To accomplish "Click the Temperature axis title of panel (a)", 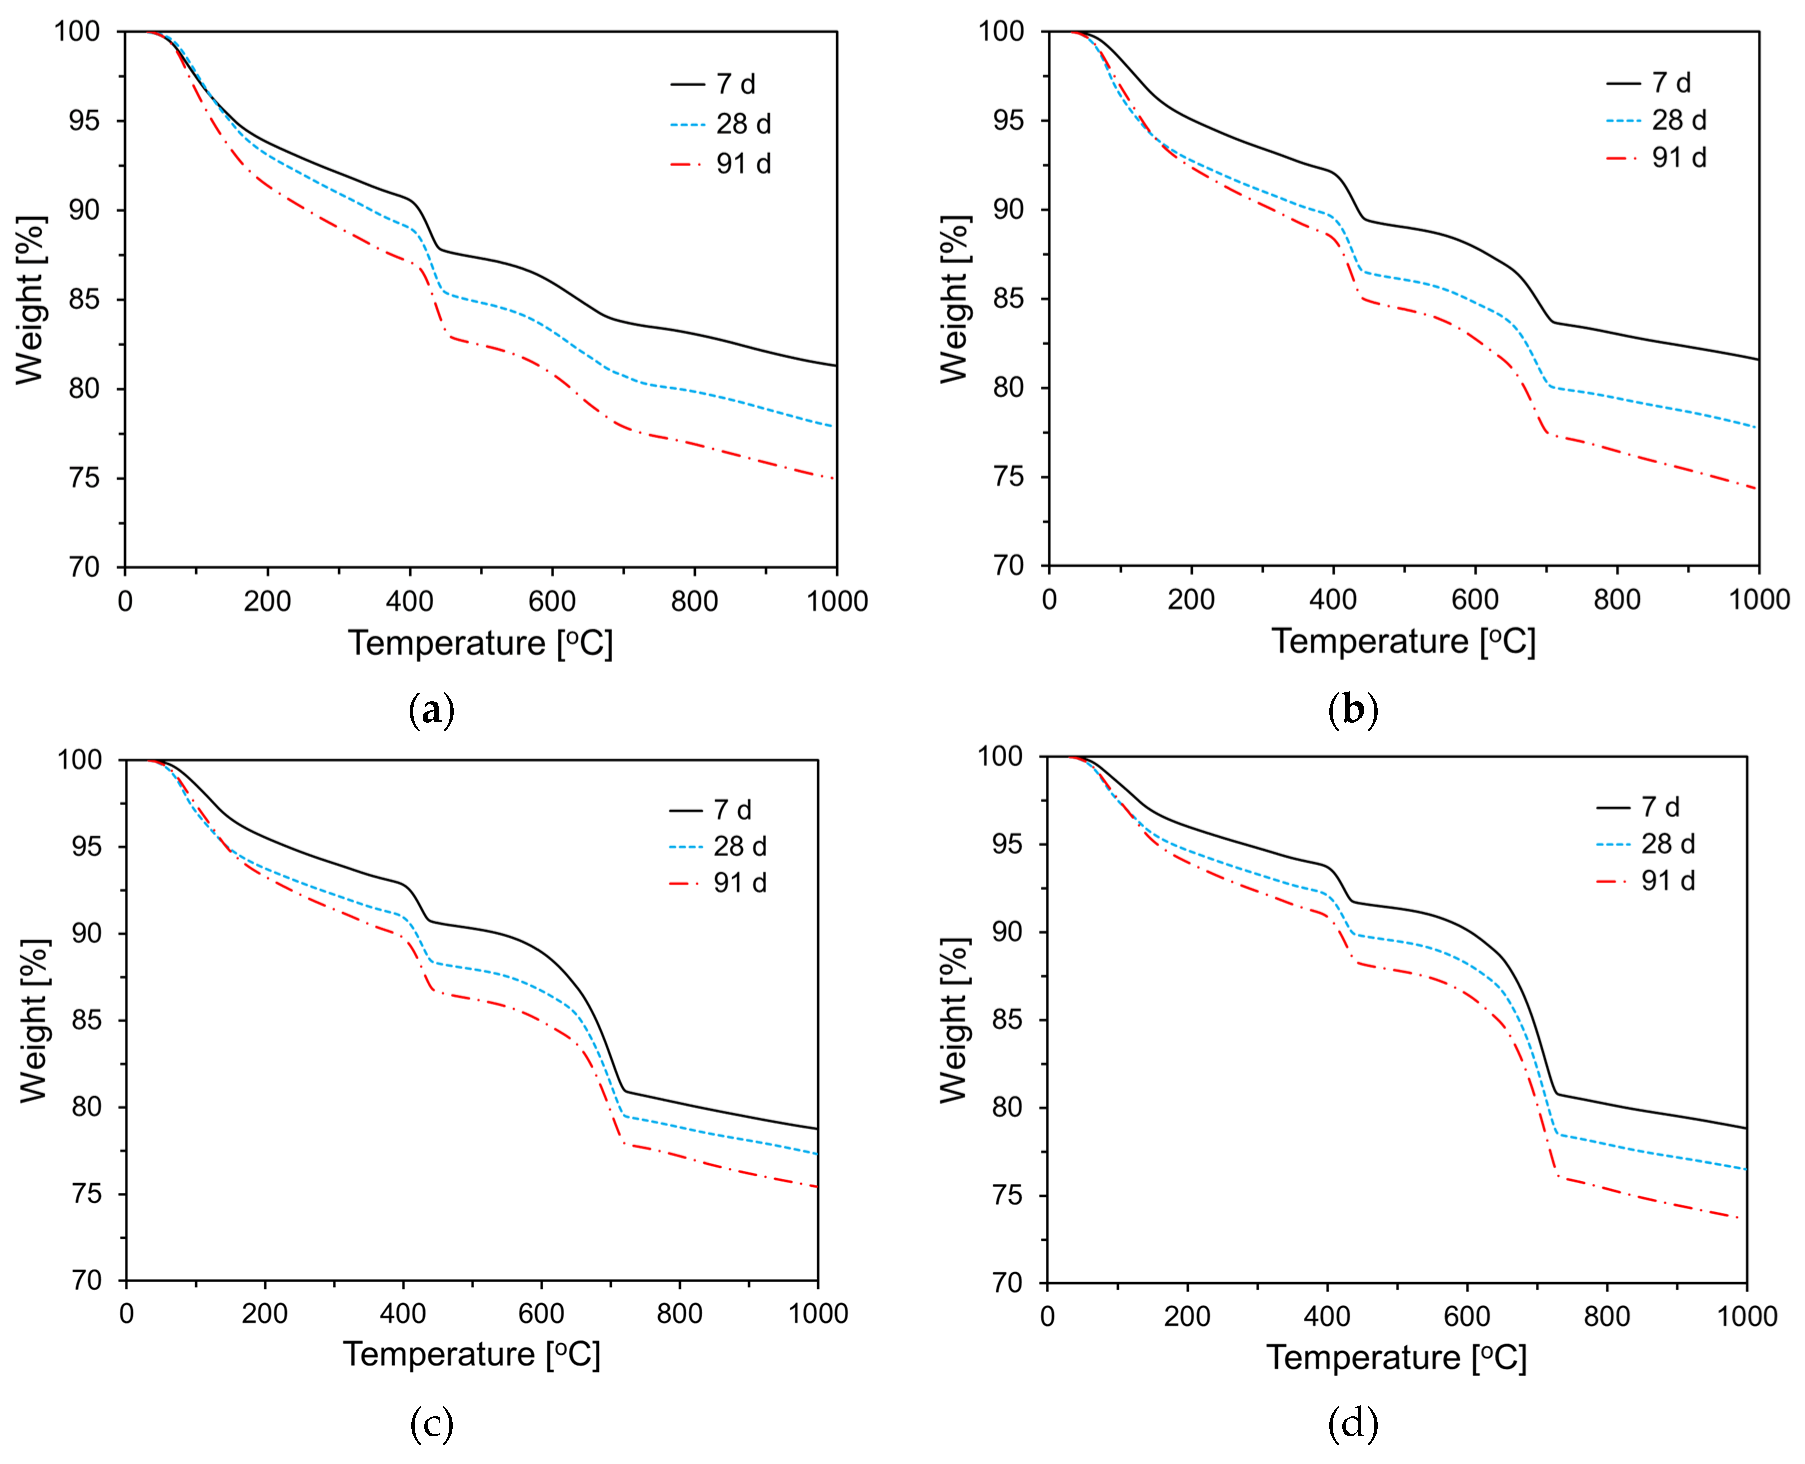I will [x=480, y=643].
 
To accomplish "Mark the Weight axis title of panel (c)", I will [x=34, y=1020].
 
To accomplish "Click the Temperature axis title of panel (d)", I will [x=1397, y=1357].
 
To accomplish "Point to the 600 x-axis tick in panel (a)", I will [x=552, y=601].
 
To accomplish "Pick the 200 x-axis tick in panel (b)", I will [x=1191, y=599].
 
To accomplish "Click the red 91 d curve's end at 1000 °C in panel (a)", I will [x=835, y=479].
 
